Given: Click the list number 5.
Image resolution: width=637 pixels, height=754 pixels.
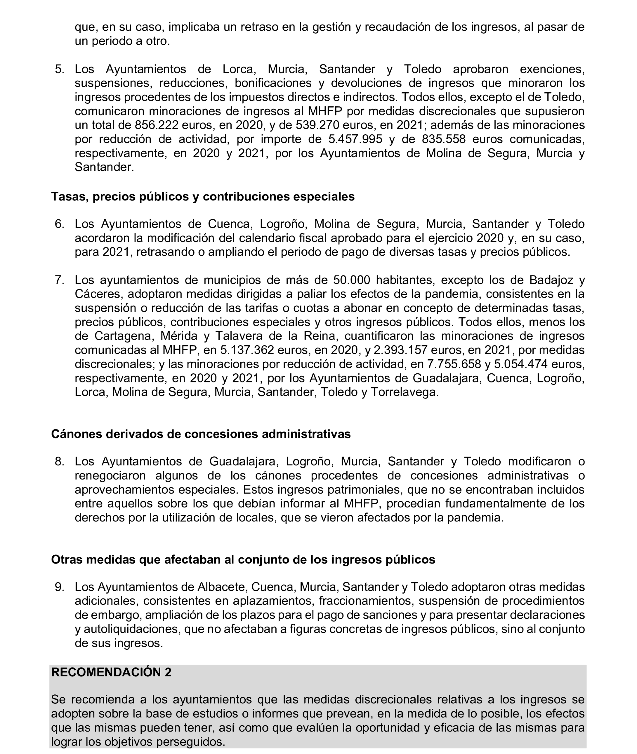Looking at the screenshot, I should click(x=59, y=69).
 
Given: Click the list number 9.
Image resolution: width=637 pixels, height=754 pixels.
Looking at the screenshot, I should click(x=59, y=587).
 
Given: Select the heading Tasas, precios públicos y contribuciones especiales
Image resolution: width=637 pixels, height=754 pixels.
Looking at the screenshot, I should click(x=203, y=197).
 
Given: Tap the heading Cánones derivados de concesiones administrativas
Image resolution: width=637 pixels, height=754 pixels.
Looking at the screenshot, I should click(x=201, y=434).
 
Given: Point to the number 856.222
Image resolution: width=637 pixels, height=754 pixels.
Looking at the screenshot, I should click(x=157, y=125).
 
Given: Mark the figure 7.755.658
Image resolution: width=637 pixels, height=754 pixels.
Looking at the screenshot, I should click(x=454, y=364).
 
